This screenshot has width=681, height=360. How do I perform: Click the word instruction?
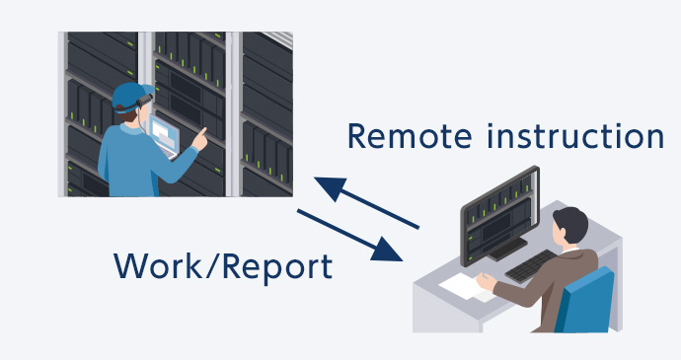573,137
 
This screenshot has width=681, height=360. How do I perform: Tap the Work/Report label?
221,265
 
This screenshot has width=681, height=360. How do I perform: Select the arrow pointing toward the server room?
365,203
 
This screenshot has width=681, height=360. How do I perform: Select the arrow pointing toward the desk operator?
350,235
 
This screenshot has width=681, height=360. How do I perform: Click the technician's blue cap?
128,95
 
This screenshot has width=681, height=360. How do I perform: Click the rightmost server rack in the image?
266,108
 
